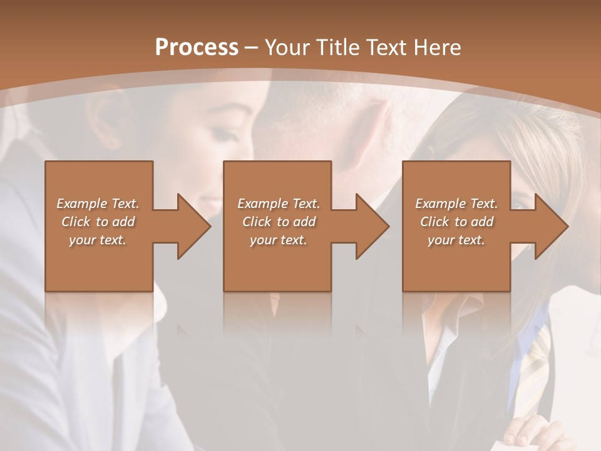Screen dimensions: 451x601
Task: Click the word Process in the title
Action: point(197,48)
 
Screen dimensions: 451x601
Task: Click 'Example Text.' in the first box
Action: point(98,204)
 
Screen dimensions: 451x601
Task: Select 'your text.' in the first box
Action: point(98,240)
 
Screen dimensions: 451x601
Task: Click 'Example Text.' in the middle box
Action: point(279,204)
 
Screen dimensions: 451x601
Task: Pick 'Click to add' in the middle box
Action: point(279,222)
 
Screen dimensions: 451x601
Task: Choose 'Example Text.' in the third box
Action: point(456,204)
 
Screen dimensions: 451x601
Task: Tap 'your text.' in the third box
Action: point(456,240)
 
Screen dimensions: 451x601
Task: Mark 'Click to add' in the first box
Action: point(98,222)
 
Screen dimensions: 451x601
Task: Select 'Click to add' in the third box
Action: point(456,222)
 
